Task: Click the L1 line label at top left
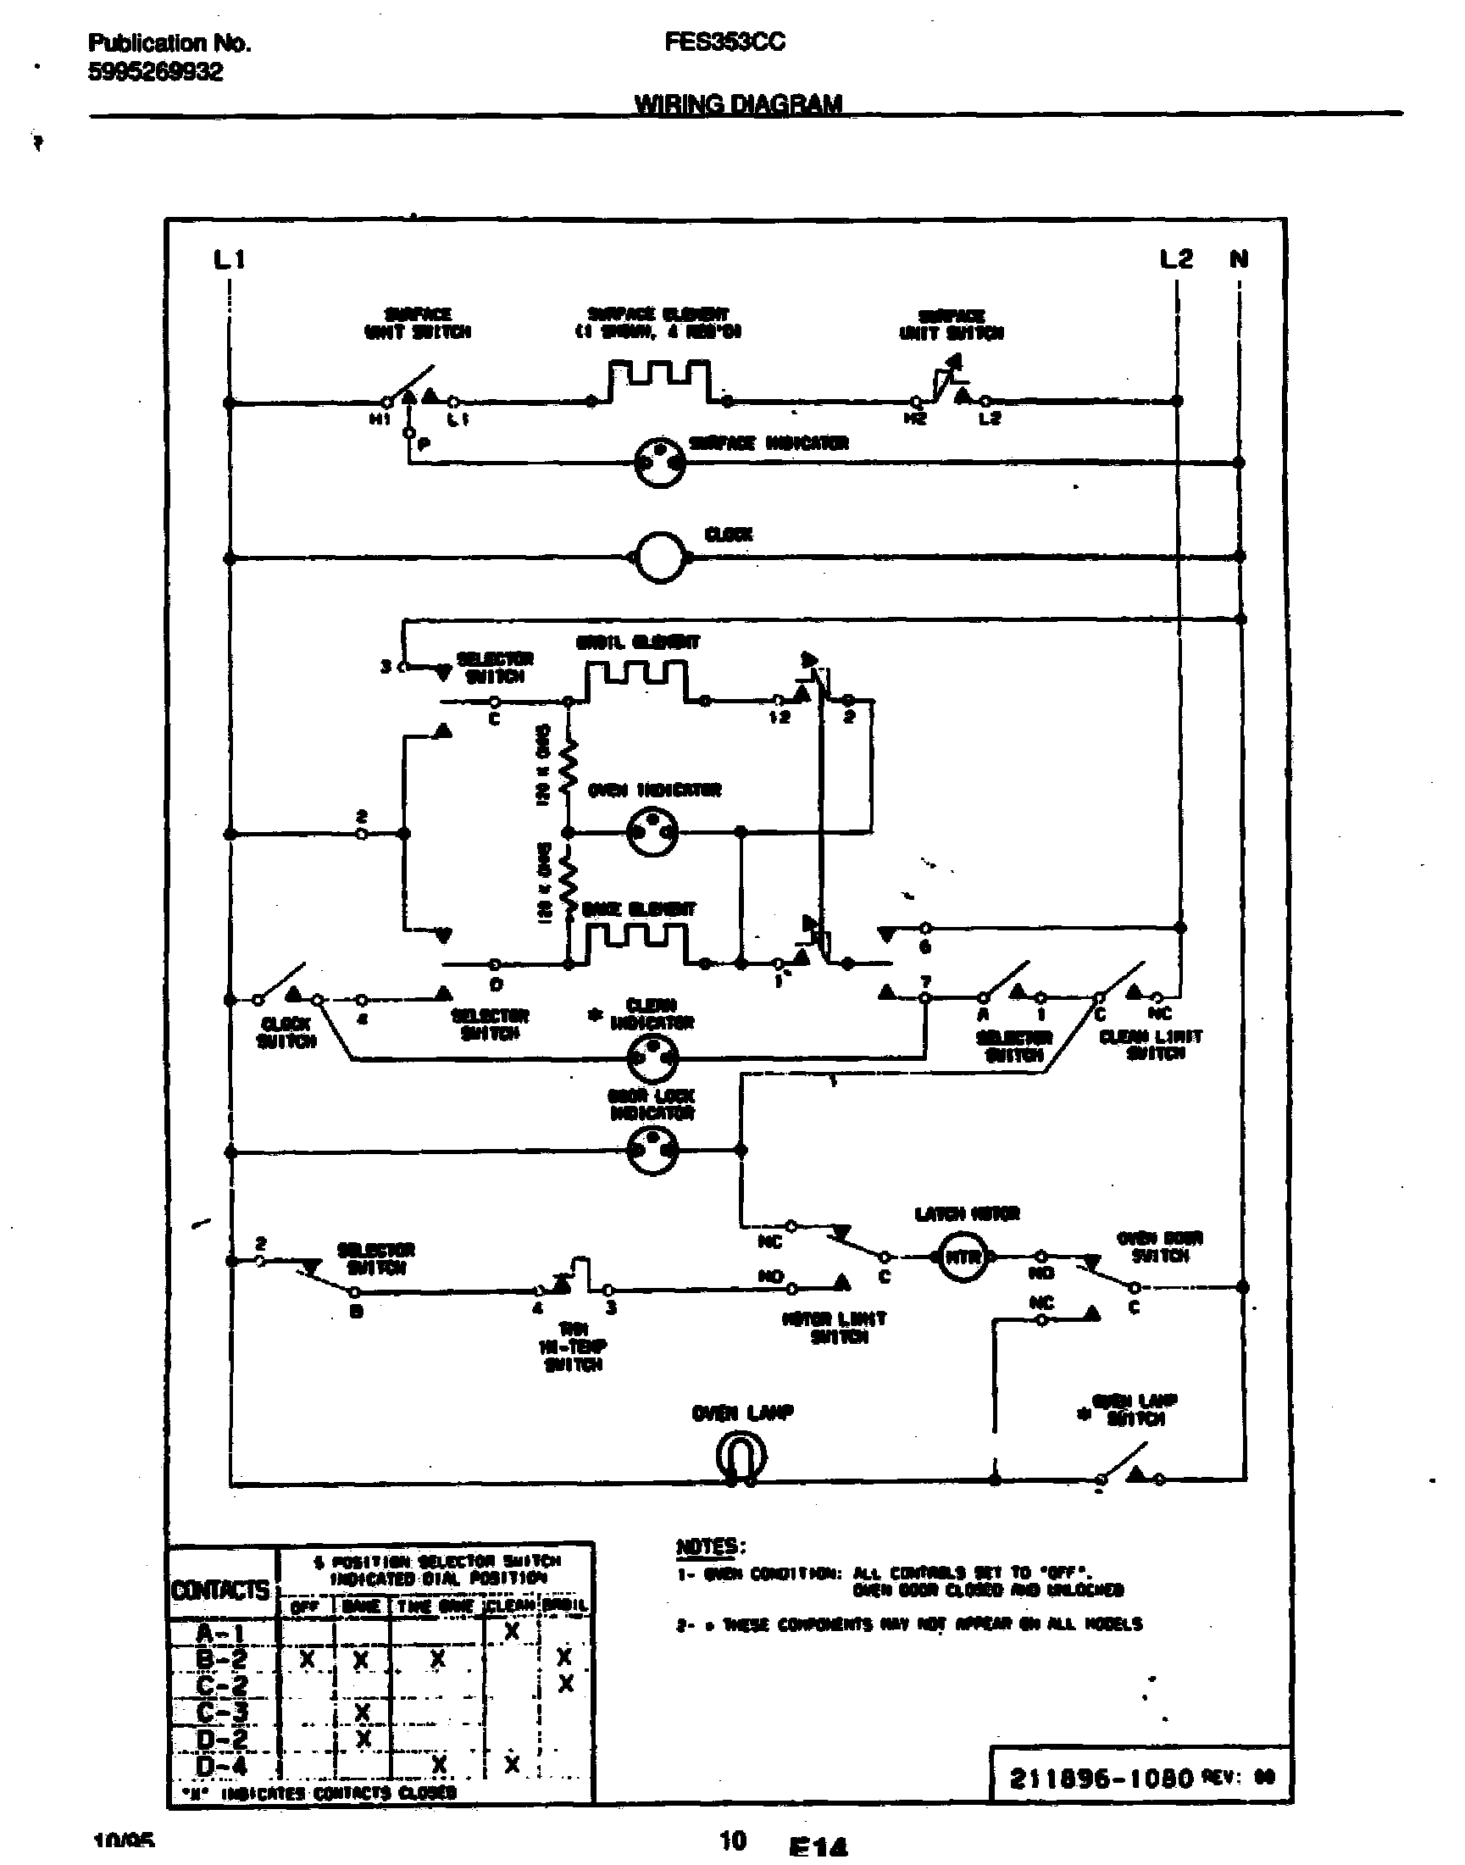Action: pyautogui.click(x=229, y=258)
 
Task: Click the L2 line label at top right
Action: pyautogui.click(x=1176, y=258)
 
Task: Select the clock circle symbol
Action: pyautogui.click(x=659, y=558)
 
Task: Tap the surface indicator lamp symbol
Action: pyautogui.click(x=659, y=463)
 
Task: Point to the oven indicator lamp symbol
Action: pyautogui.click(x=652, y=832)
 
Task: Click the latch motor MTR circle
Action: pyautogui.click(x=963, y=1257)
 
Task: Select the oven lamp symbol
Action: pyautogui.click(x=740, y=1457)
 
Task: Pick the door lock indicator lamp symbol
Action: pyautogui.click(x=652, y=1151)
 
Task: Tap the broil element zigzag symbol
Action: pyautogui.click(x=636, y=682)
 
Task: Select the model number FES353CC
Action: pyautogui.click(x=724, y=42)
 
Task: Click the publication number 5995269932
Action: pyautogui.click(x=155, y=72)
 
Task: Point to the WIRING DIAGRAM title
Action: pyautogui.click(x=738, y=104)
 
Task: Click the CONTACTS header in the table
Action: pyautogui.click(x=220, y=1590)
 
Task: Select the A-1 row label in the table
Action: pyautogui.click(x=221, y=1633)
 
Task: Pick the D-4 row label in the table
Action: pyautogui.click(x=221, y=1767)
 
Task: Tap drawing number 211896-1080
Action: pyautogui.click(x=1102, y=1778)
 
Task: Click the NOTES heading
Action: pyautogui.click(x=710, y=1546)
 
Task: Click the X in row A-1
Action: pyautogui.click(x=511, y=1631)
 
